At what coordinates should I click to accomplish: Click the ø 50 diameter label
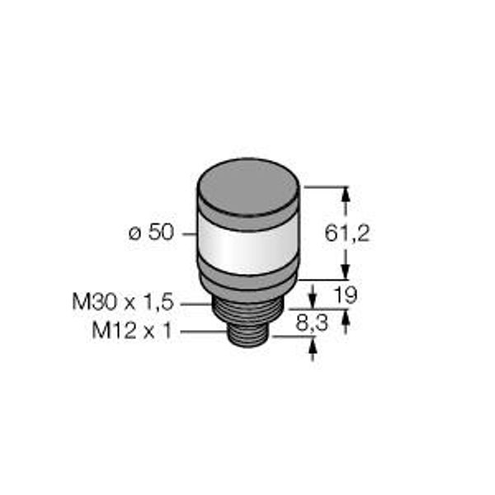click(x=151, y=233)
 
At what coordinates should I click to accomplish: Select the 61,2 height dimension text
click(x=347, y=234)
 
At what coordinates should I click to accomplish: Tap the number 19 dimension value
click(x=346, y=295)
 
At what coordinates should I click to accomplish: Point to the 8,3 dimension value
click(x=312, y=323)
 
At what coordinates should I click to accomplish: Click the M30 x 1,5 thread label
click(x=123, y=302)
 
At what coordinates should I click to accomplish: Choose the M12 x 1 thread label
click(x=132, y=331)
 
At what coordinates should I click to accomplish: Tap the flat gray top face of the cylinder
click(x=248, y=187)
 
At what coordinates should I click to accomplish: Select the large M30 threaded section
click(x=247, y=310)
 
